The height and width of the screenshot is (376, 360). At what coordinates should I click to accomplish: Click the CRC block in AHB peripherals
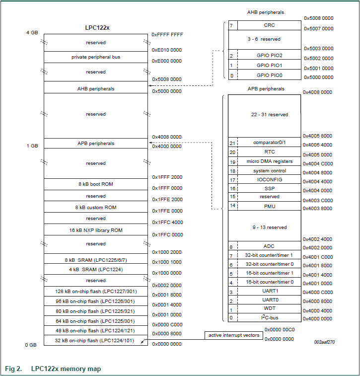coord(269,25)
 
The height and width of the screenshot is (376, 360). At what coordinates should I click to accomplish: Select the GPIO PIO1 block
coord(269,65)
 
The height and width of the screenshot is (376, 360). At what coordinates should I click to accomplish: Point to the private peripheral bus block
coord(95,57)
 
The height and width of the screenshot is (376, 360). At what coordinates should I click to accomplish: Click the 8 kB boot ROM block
coord(95,184)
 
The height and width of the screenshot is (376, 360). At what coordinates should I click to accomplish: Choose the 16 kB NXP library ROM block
coord(95,230)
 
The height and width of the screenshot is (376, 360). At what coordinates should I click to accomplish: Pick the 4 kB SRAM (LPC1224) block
coord(95,270)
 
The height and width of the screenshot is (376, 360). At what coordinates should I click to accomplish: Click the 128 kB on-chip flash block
coord(95,291)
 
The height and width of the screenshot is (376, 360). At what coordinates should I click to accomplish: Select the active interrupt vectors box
coord(233,335)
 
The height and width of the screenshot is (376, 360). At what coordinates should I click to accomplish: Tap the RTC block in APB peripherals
coord(269,152)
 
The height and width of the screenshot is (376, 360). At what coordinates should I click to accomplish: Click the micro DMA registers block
coord(269,161)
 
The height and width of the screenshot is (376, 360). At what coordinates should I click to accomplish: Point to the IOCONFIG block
coord(269,180)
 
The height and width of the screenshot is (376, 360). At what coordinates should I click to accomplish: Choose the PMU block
coord(269,206)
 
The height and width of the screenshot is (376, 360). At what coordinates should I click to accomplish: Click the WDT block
coord(269,308)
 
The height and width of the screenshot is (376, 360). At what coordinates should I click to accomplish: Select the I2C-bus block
coord(269,317)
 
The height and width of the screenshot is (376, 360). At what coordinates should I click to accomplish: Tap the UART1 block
coord(269,291)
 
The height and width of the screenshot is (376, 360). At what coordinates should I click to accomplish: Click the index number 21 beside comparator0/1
coord(232,143)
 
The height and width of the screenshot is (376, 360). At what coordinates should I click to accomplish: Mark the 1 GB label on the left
coord(31,146)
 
